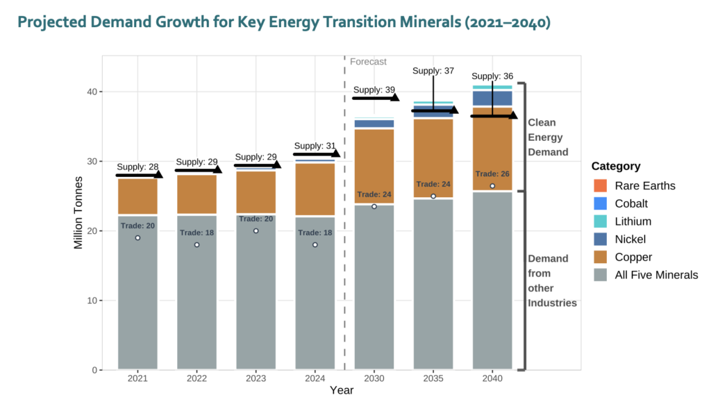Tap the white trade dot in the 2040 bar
click(492, 186)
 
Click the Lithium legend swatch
click(601, 221)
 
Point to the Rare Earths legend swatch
click(601, 186)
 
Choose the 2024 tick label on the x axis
click(315, 378)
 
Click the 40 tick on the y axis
click(90, 92)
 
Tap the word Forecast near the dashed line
click(368, 62)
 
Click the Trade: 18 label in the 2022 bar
click(196, 233)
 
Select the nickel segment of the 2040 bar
click(492, 98)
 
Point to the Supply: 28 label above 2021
click(137, 167)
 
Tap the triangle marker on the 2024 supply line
click(335, 153)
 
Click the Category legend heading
click(616, 167)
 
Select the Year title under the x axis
click(342, 391)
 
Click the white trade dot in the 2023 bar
click(256, 231)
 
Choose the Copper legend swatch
click(601, 257)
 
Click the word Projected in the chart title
click(50, 22)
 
